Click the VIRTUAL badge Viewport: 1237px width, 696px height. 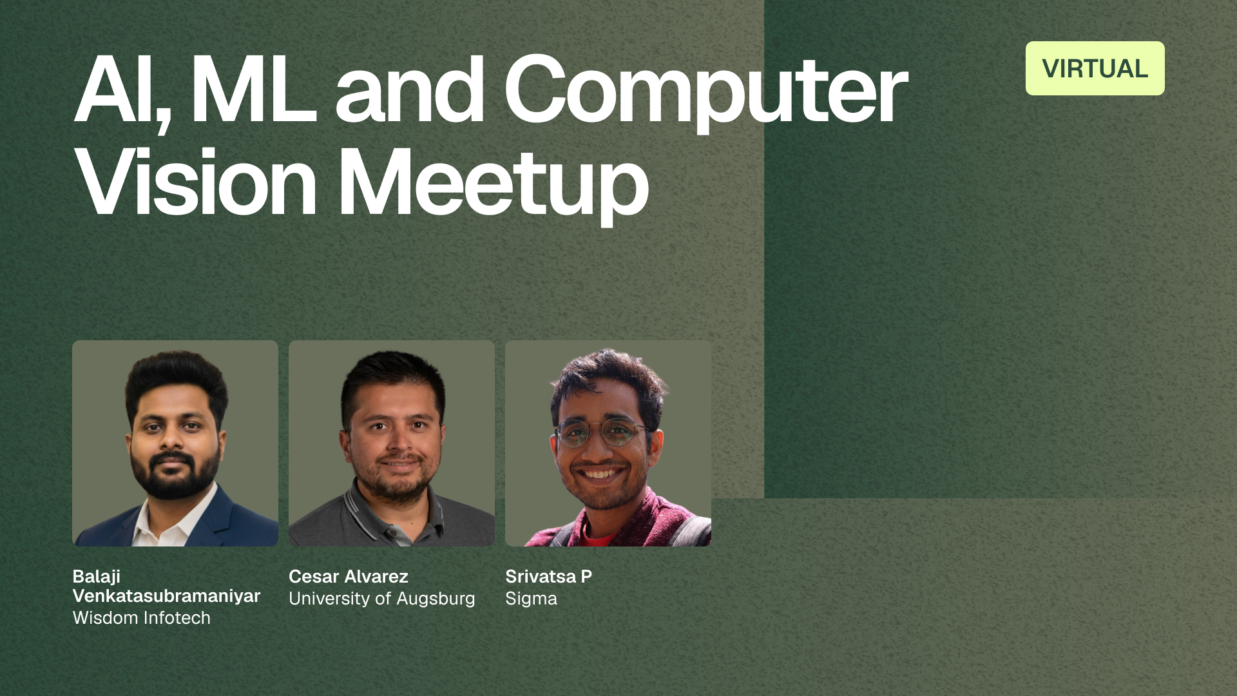1095,68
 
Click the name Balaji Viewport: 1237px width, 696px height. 97,577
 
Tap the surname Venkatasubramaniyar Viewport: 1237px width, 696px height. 166,596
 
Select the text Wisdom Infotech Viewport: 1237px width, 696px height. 142,617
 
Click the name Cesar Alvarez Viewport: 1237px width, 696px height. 349,576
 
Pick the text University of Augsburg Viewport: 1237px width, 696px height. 382,599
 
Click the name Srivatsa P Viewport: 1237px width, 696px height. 549,576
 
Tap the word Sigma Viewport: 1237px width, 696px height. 532,599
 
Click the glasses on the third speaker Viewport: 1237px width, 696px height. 602,433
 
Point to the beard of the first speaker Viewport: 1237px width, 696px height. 173,474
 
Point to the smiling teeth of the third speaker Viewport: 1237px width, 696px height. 599,474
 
